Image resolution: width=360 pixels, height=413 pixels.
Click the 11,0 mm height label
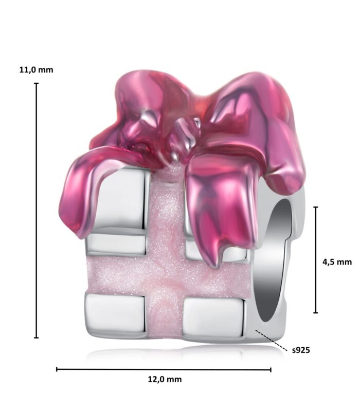click(x=36, y=70)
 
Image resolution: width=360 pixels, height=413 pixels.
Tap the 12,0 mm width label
click(x=165, y=379)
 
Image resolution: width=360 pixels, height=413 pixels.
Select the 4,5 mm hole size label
click(x=337, y=262)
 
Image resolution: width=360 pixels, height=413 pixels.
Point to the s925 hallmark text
click(x=301, y=350)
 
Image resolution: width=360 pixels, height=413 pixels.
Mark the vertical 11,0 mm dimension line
click(x=37, y=210)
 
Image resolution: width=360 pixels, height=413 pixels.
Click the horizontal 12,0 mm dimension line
click(x=164, y=369)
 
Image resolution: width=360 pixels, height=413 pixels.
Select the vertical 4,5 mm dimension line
click(x=316, y=260)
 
